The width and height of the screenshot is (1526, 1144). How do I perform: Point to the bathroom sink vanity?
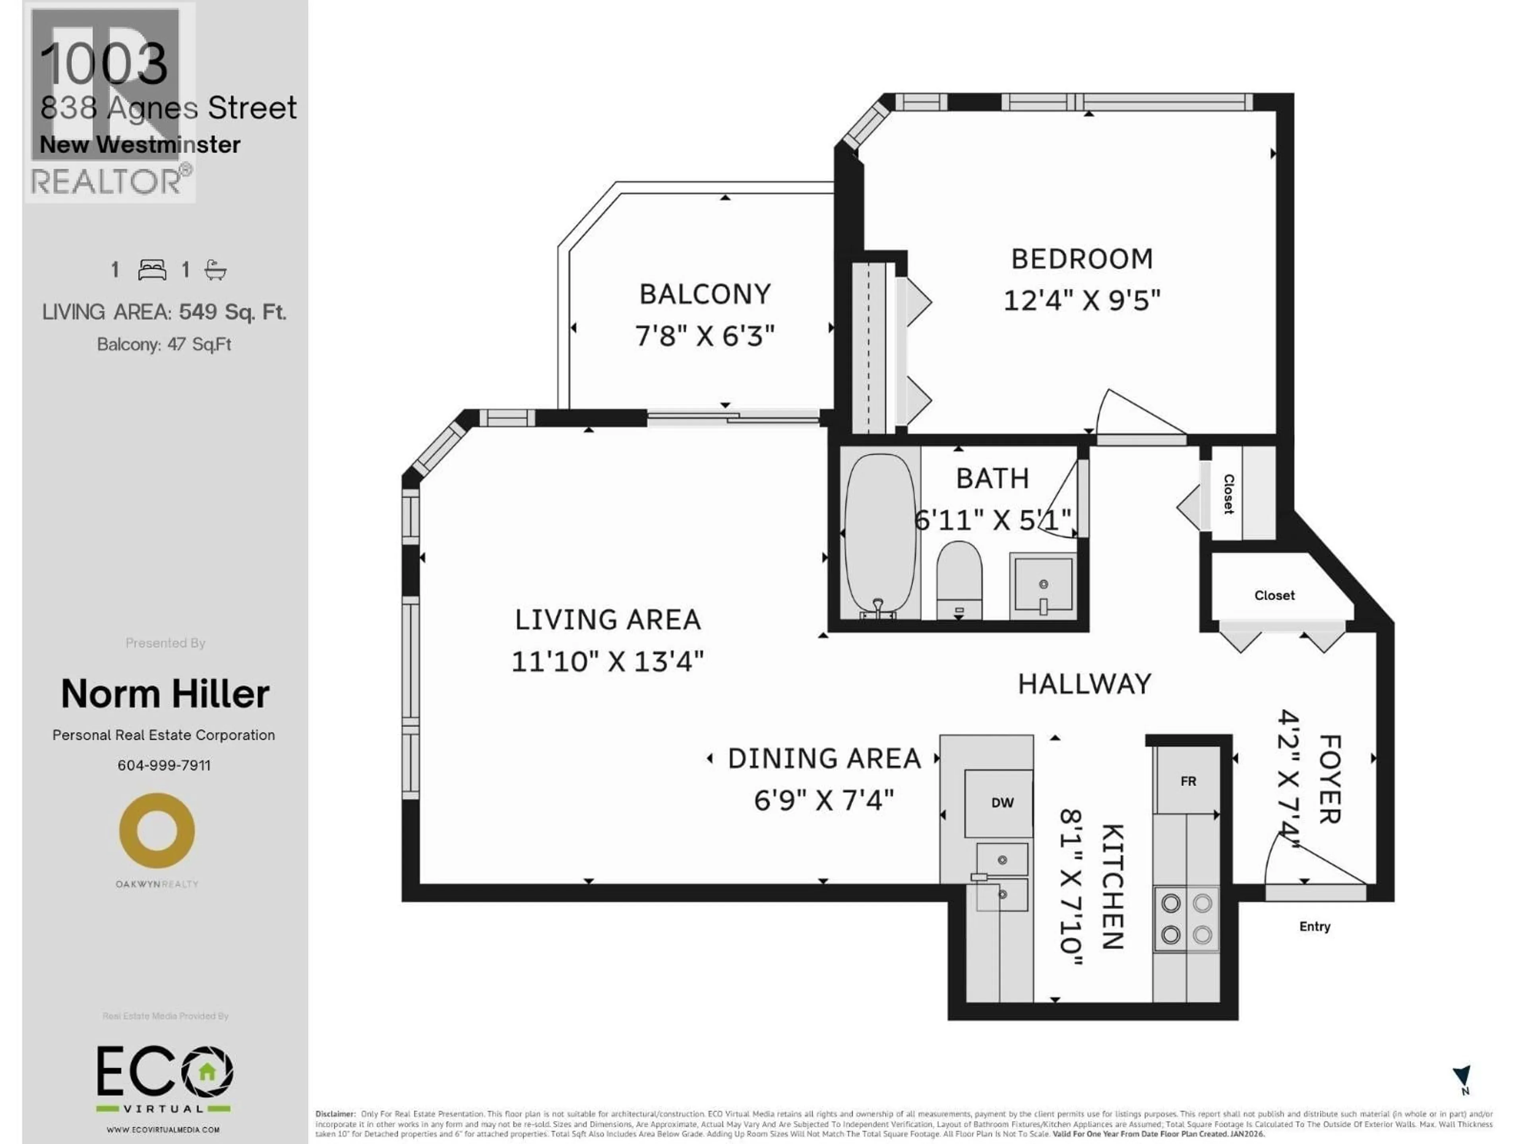coord(1042,584)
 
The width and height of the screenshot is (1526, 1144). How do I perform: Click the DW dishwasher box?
coord(1002,803)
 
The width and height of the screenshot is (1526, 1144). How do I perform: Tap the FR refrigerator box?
coord(1187,781)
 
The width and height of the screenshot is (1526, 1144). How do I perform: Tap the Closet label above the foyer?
coord(1274,595)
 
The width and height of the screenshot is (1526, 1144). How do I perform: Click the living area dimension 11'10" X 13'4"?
coord(607,662)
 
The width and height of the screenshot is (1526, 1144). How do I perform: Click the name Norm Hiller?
coord(165,694)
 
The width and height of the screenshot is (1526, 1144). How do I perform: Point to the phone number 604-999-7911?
coord(164,765)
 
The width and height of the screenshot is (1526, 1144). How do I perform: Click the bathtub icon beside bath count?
coord(215,270)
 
